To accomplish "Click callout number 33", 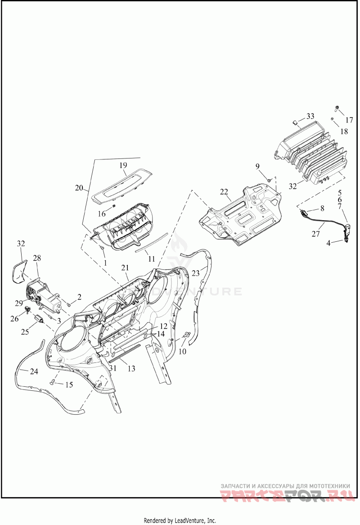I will (310, 116).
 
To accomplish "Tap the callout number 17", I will (349, 120).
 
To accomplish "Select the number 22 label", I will (224, 192).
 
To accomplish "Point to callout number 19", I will (123, 166).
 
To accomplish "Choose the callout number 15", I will (69, 385).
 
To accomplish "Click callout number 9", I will (258, 166).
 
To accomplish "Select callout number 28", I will (36, 258).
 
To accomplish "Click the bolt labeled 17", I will (337, 108).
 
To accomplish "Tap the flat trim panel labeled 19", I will (121, 182).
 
